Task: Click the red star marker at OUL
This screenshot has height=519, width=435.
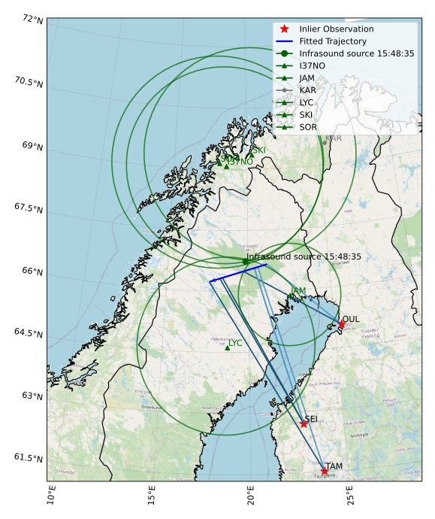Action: click(x=342, y=324)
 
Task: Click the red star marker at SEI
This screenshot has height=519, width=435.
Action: click(x=304, y=423)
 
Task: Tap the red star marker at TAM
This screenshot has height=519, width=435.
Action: click(x=325, y=472)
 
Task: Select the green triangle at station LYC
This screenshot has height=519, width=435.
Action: click(x=227, y=348)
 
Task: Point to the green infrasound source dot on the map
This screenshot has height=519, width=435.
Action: click(x=246, y=261)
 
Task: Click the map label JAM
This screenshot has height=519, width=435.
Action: click(x=298, y=291)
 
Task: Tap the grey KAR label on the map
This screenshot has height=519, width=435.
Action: click(x=334, y=138)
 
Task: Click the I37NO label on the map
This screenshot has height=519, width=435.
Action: click(x=240, y=162)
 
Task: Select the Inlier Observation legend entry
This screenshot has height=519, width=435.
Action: click(x=336, y=29)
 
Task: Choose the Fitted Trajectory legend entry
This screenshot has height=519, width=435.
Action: click(x=332, y=41)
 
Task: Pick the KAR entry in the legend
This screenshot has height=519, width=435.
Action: click(x=307, y=90)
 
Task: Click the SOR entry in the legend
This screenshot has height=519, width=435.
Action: click(x=308, y=127)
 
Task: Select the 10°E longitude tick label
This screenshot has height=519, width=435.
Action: click(x=50, y=497)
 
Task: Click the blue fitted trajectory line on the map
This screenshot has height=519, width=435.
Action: click(x=240, y=272)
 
